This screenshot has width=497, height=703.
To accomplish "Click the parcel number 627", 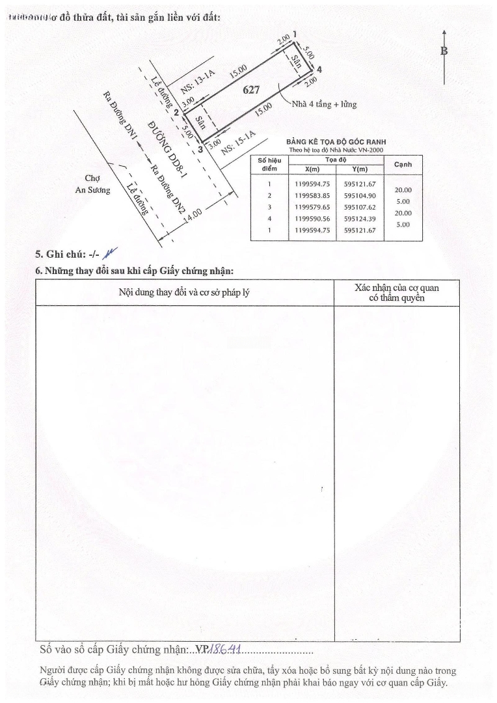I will pyautogui.click(x=252, y=90).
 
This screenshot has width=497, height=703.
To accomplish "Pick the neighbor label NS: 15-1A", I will pyautogui.click(x=239, y=142).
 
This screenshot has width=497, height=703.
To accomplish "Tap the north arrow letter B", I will pyautogui.click(x=444, y=51).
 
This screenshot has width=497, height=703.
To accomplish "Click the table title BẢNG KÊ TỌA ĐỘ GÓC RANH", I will pyautogui.click(x=336, y=142).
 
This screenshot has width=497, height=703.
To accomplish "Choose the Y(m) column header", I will pyautogui.click(x=359, y=169).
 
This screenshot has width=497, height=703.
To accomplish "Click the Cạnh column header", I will pyautogui.click(x=403, y=165).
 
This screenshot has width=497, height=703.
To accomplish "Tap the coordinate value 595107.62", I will pyautogui.click(x=360, y=207).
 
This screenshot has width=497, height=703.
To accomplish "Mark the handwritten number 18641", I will pyautogui.click(x=226, y=650).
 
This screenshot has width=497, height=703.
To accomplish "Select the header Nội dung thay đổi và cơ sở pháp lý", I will pyautogui.click(x=184, y=292).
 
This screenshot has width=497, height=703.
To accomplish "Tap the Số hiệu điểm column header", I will pyautogui.click(x=269, y=165).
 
